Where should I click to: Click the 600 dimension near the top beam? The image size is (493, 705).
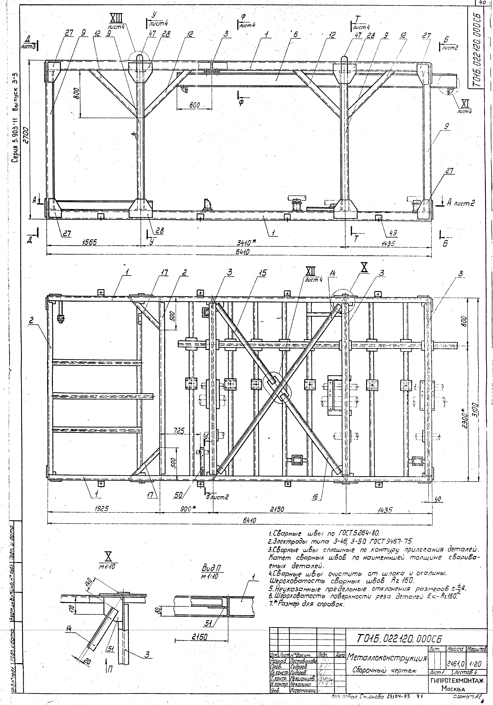click(194, 105)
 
